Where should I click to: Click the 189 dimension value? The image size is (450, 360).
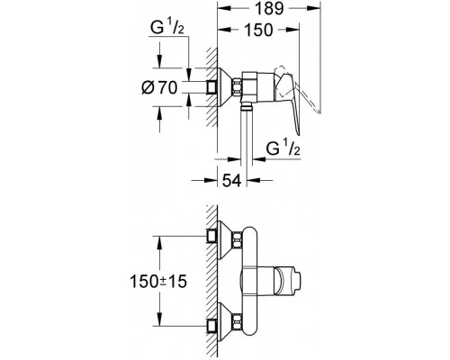[269, 8]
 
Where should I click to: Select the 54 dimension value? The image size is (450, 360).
[231, 181]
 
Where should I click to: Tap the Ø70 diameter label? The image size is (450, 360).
[159, 88]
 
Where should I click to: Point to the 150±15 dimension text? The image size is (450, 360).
[158, 282]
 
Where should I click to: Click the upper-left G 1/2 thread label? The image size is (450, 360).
[167, 29]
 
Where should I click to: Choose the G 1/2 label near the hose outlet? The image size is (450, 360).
[283, 148]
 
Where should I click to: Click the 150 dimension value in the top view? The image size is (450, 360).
[258, 30]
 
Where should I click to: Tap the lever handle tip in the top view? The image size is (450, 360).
[298, 133]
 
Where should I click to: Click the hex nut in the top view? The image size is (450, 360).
[237, 87]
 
